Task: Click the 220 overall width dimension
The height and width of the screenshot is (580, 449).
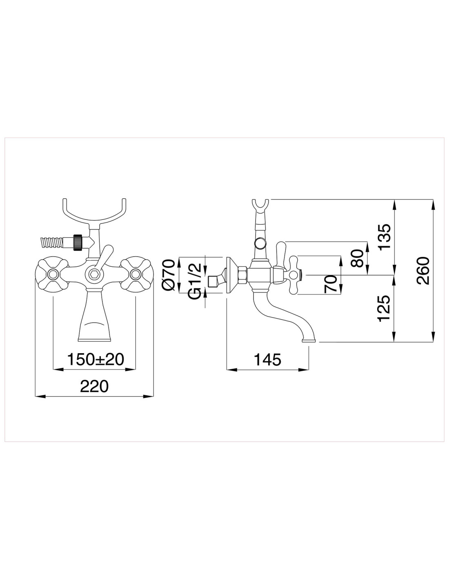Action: [x=95, y=386]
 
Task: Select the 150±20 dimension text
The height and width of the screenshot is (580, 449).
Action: [x=96, y=359]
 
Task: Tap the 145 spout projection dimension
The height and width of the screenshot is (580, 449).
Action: [x=267, y=359]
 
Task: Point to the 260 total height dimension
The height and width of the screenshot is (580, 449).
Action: [x=423, y=271]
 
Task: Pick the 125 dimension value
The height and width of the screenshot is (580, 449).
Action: [x=385, y=308]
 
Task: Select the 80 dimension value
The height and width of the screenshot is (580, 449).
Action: [x=358, y=258]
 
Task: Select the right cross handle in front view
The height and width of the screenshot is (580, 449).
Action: [x=136, y=273]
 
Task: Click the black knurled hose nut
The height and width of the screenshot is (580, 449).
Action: [x=78, y=242]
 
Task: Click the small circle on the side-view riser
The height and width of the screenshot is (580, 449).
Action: [x=258, y=243]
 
